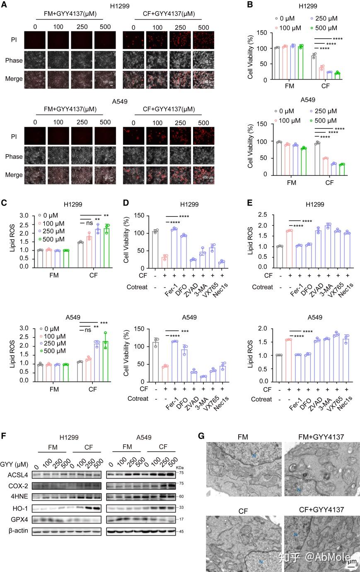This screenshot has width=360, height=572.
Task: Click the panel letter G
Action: [201, 436]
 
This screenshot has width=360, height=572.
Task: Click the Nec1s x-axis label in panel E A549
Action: [344, 401]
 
